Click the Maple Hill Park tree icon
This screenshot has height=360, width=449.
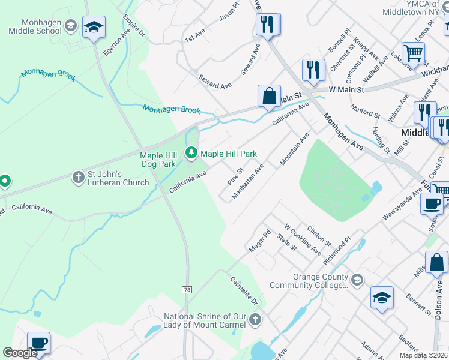pos(191,154)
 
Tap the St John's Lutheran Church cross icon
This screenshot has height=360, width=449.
pos(78,178)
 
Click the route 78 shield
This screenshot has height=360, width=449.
pos(188,290)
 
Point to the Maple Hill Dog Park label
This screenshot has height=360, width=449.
pos(158,160)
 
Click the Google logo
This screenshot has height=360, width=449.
pos(20,353)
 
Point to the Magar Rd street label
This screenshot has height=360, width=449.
pos(260,240)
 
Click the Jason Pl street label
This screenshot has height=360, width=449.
pos(229,11)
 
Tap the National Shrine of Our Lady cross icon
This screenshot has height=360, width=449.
pos(255,319)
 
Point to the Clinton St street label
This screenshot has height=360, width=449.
pos(319,236)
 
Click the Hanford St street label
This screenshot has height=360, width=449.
pos(366,111)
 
